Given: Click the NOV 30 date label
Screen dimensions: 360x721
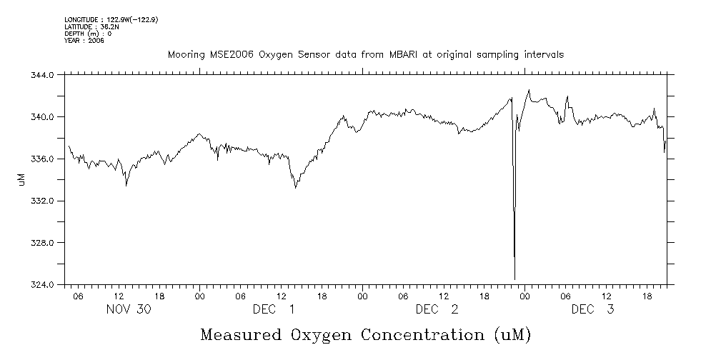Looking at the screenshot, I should point(129,310).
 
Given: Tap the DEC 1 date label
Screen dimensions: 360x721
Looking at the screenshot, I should point(273,310).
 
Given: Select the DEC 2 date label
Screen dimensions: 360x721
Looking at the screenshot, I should point(437,310).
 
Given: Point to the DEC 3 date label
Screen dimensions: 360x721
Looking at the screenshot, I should point(592,310).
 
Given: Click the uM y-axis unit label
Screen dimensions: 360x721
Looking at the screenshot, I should point(21,180).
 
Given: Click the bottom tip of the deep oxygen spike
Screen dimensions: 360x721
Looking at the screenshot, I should point(514,279).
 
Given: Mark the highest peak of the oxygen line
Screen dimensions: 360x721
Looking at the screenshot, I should point(529,90).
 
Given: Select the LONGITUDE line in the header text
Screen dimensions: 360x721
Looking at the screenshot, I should point(111,19).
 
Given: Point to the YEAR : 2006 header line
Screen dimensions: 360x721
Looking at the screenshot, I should point(84,41).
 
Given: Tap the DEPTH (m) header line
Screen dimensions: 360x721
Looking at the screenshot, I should point(88,34).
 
